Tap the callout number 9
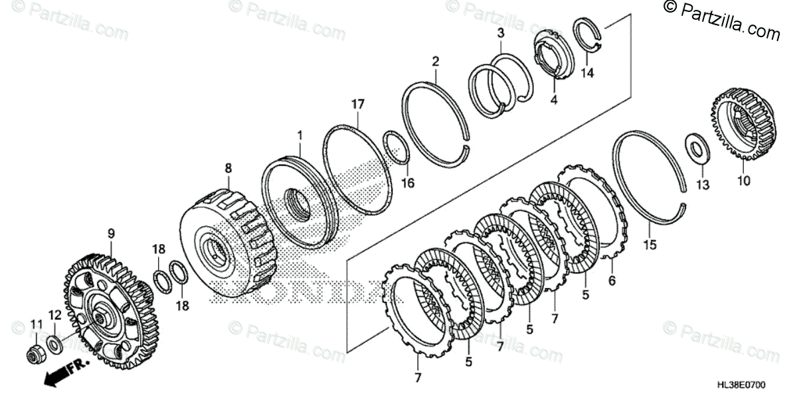pyautogui.click(x=111, y=233)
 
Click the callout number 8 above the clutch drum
pyautogui.click(x=228, y=168)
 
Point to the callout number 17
pyautogui.click(x=358, y=104)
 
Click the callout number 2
pyautogui.click(x=435, y=62)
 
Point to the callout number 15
pyautogui.click(x=650, y=245)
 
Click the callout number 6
pyautogui.click(x=612, y=281)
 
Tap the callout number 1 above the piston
pyautogui.click(x=300, y=136)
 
